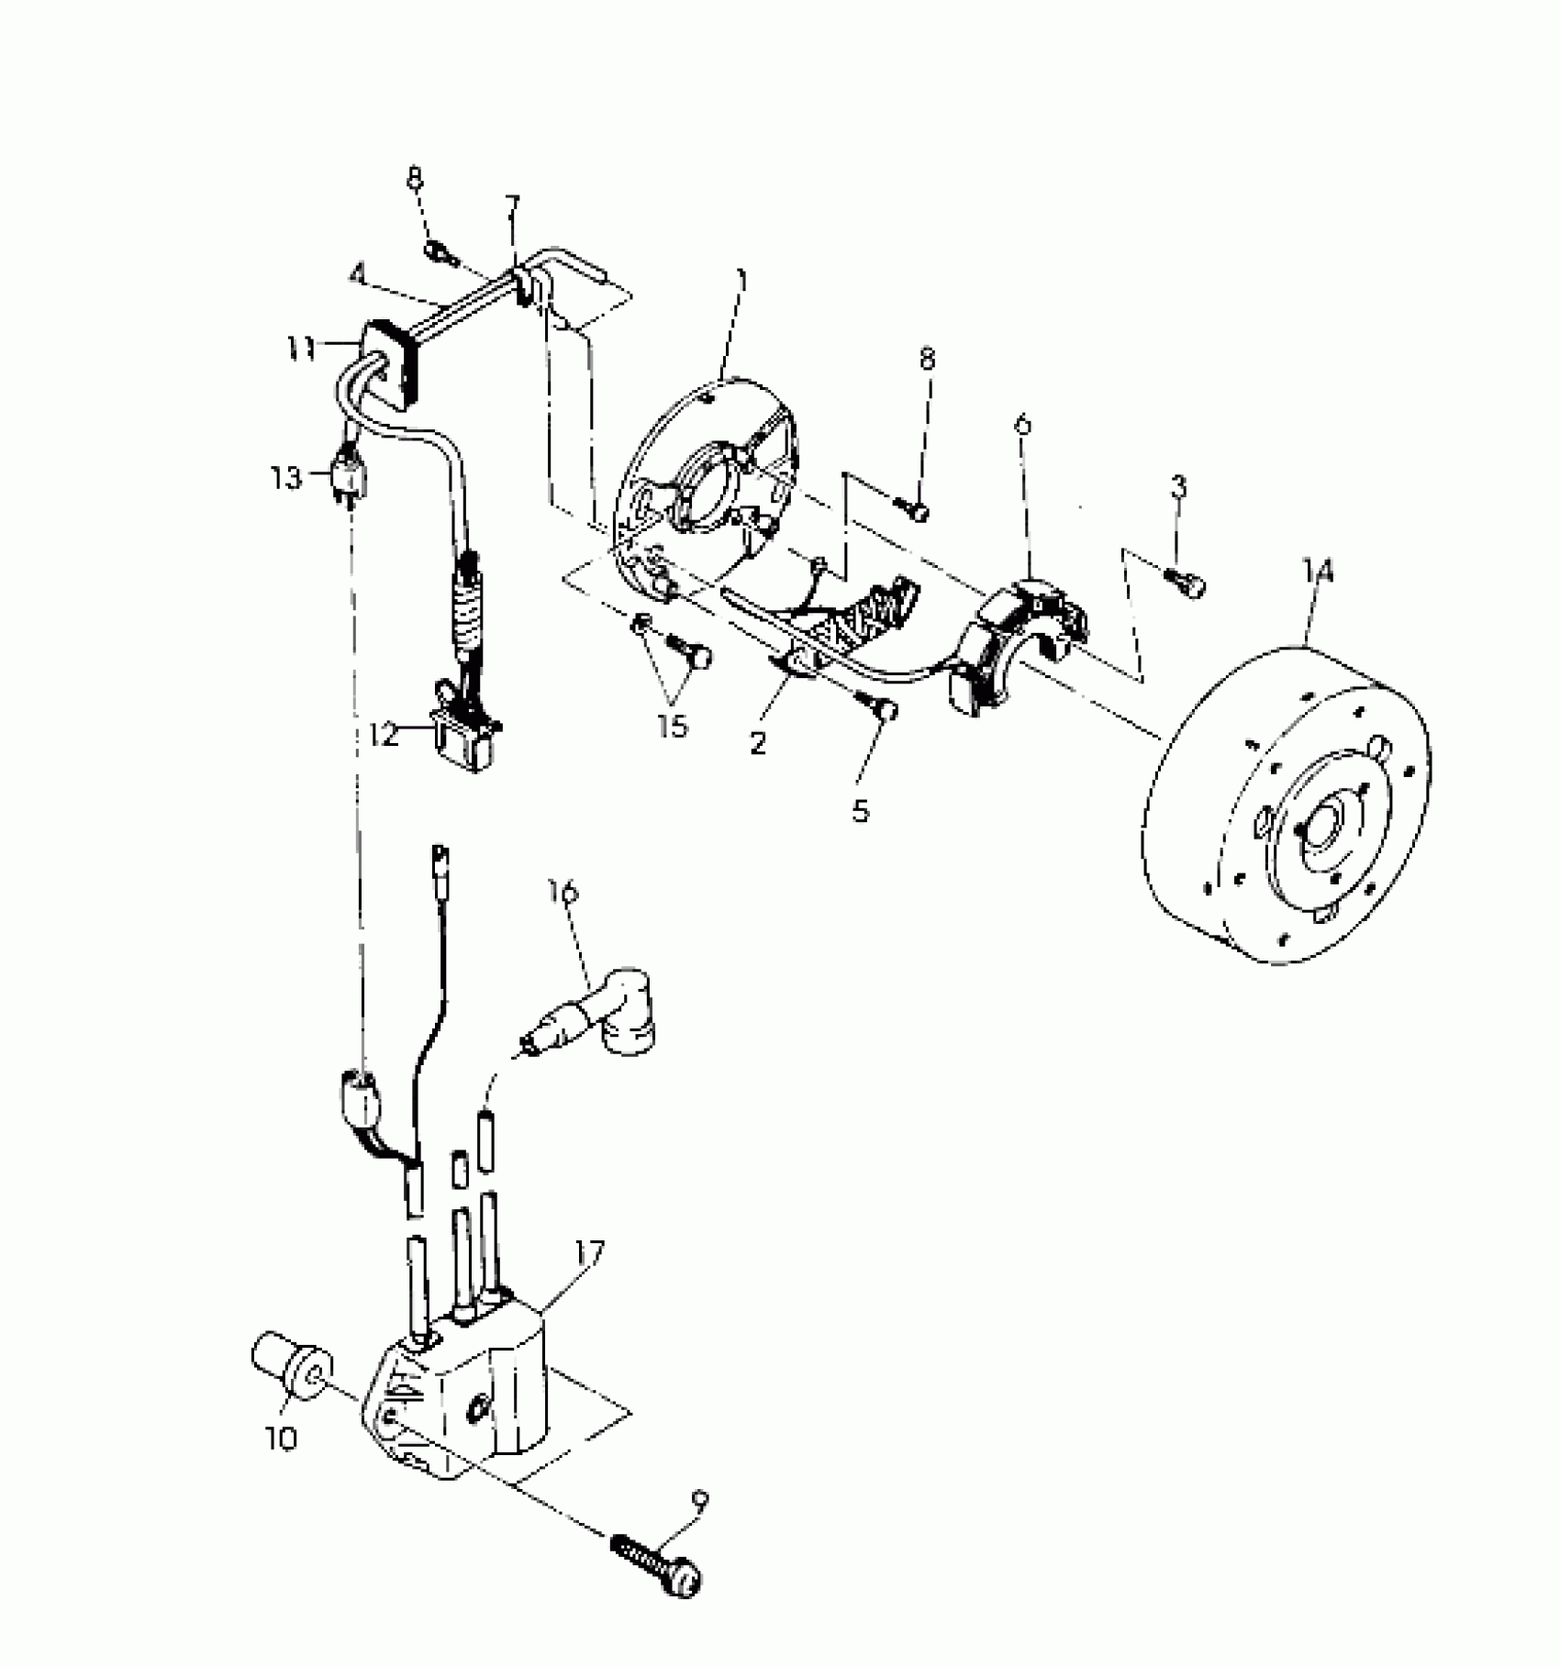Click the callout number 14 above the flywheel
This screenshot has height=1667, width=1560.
click(1318, 572)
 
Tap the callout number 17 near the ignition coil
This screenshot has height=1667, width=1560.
click(590, 1251)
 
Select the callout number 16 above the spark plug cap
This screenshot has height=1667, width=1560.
click(563, 890)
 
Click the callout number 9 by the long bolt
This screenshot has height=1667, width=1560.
click(700, 1502)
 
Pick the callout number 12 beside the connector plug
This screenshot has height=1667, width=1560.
click(384, 734)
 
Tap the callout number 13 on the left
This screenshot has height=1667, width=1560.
click(286, 477)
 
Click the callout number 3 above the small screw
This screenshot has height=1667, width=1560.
click(1178, 487)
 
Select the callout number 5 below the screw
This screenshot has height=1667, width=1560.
click(860, 811)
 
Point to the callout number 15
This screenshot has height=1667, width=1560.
click(672, 726)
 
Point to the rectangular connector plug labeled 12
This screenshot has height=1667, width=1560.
click(468, 734)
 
